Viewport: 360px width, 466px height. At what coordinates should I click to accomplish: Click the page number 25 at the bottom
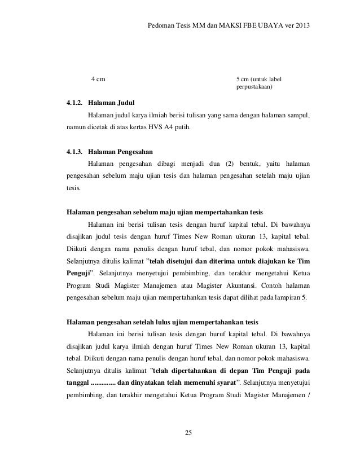coord(188,433)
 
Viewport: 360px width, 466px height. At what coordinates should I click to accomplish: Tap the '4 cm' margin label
coord(98,78)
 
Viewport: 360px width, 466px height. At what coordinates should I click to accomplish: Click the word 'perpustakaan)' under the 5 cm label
coord(253,87)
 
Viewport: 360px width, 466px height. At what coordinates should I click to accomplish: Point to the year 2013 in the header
coord(301,26)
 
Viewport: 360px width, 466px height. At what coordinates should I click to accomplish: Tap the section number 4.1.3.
coord(74,152)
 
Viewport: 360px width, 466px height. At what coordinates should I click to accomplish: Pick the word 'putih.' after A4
coord(182,128)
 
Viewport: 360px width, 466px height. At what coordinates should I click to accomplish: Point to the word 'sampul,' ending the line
coord(298,116)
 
